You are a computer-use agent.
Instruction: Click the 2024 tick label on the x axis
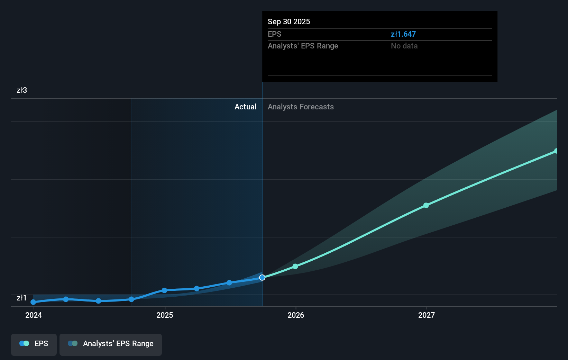click(x=34, y=315)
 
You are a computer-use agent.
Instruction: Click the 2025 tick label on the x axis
click(x=165, y=315)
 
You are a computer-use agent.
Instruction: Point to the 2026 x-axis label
click(x=296, y=315)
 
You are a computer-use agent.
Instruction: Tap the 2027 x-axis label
click(x=427, y=315)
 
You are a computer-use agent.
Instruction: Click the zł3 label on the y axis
click(x=22, y=90)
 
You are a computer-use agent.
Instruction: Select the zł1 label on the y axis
click(x=21, y=298)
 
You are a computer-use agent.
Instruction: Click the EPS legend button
click(x=34, y=344)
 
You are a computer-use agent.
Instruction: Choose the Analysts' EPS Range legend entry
click(x=111, y=344)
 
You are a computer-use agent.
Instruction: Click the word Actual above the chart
click(x=245, y=107)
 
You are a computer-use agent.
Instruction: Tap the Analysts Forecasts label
click(x=301, y=107)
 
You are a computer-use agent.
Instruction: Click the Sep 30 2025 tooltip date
click(x=289, y=21)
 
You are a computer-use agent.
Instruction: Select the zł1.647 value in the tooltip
click(x=403, y=34)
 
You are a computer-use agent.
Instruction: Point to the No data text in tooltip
click(x=404, y=46)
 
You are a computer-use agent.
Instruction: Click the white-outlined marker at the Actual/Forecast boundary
click(x=262, y=278)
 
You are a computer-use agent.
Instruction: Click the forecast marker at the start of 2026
click(x=295, y=267)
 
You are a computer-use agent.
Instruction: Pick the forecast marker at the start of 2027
click(x=426, y=206)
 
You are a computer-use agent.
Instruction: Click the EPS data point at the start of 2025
click(x=164, y=290)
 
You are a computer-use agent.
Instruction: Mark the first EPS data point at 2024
click(x=33, y=302)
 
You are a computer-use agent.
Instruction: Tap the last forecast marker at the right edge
click(x=556, y=151)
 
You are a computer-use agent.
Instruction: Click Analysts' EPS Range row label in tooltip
click(x=303, y=46)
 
